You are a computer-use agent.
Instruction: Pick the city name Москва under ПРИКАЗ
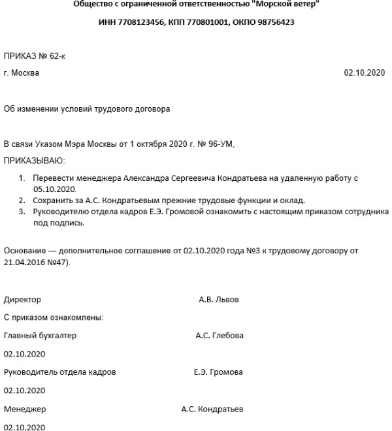point(25,72)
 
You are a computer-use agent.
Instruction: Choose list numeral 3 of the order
point(21,212)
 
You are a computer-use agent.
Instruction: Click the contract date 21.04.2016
point(25,262)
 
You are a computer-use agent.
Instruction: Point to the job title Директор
point(22,300)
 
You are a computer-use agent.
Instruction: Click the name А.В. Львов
point(219,300)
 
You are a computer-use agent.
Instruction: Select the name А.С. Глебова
point(220,336)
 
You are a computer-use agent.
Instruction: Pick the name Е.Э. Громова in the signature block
point(218,372)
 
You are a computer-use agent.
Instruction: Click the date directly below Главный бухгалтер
point(24,354)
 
